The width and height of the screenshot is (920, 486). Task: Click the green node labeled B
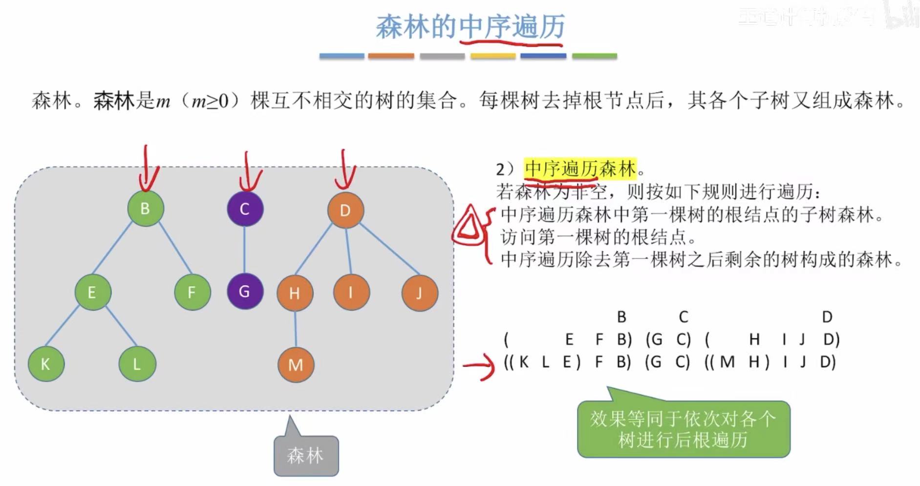145,209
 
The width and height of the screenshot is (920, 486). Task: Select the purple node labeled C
245,209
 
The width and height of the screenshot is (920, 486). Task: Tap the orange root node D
345,211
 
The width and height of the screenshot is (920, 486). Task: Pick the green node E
92,292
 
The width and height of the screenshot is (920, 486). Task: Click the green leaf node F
192,292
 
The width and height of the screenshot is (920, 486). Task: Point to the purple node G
245,292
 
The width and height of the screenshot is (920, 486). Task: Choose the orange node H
295,293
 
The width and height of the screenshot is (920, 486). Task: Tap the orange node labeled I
351,293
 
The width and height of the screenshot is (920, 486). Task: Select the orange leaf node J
419,293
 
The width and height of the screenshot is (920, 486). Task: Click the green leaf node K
45,364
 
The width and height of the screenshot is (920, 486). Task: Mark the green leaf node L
137,364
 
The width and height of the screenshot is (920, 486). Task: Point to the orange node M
296,364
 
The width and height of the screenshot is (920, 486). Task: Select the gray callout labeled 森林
306,455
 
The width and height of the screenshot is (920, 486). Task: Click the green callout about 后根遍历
683,429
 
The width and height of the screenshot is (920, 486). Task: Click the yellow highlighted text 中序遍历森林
580,169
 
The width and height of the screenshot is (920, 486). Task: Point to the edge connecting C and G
244,250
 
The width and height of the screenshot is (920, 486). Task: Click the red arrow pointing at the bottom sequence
479,365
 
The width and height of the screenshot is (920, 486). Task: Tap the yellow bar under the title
492,56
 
